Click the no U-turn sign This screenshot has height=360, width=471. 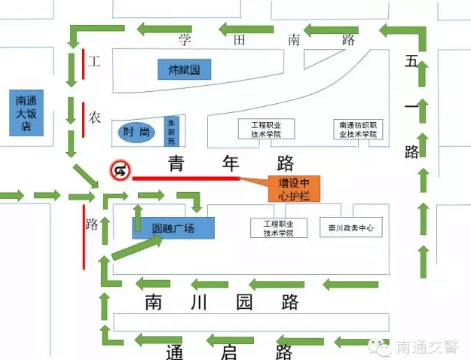click(120, 171)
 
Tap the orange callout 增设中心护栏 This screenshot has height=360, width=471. click(294, 188)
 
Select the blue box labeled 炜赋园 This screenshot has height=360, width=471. click(184, 70)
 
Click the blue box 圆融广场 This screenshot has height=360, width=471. click(173, 227)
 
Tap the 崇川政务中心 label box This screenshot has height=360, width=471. click(350, 227)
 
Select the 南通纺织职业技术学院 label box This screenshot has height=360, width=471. click(357, 129)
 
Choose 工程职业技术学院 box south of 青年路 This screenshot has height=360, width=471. click(280, 227)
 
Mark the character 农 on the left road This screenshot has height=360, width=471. click(95, 117)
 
